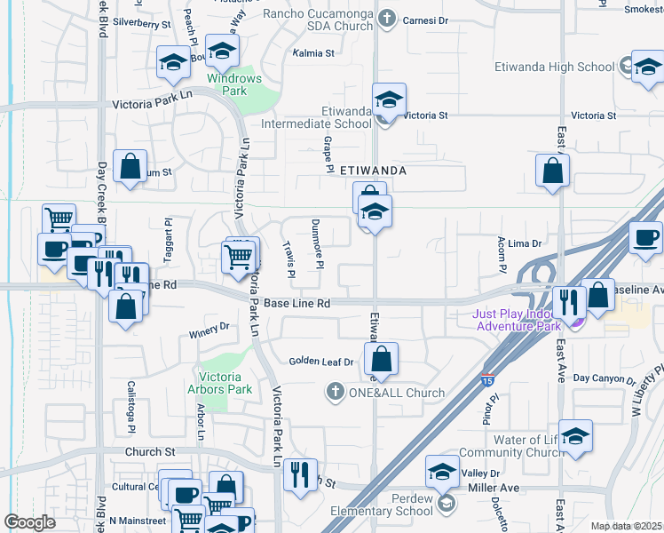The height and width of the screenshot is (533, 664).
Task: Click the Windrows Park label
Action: click(x=234, y=84)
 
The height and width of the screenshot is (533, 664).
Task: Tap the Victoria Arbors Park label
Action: click(x=219, y=383)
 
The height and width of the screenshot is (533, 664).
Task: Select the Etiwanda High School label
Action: click(x=570, y=67)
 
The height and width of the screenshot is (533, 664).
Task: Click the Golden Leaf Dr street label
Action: click(x=321, y=362)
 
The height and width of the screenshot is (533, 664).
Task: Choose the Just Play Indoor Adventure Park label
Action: click(x=514, y=320)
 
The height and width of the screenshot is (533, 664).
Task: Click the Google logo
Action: click(x=29, y=522)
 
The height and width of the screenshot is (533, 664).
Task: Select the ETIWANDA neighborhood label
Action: click(x=373, y=169)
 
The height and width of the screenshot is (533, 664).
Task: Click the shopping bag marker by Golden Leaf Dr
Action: click(x=382, y=360)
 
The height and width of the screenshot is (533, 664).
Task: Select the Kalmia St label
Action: click(x=313, y=53)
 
